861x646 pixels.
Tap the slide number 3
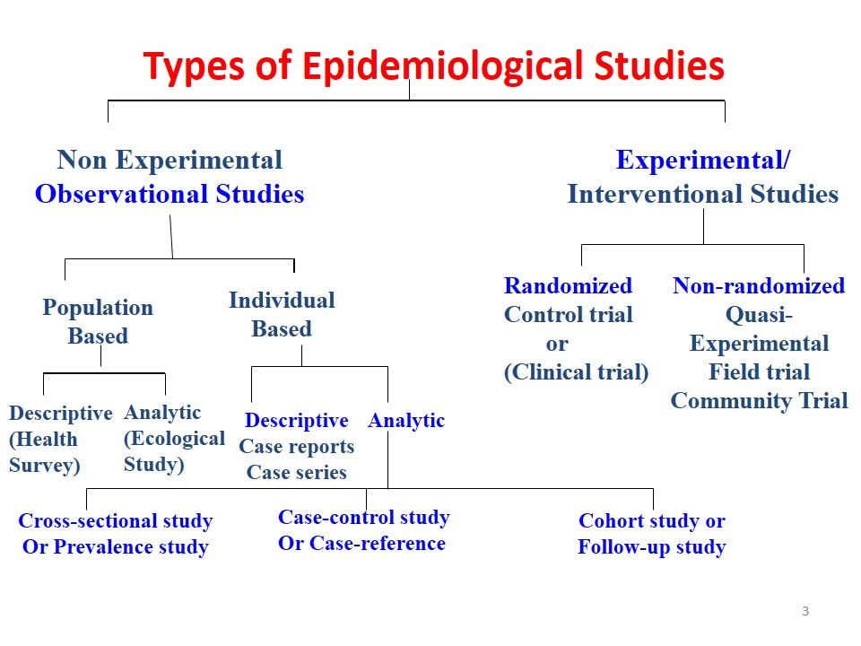click(x=804, y=611)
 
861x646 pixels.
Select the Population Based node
click(x=98, y=321)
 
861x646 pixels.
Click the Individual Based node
click(x=281, y=314)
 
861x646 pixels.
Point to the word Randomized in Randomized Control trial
click(x=568, y=286)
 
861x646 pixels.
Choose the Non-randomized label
click(x=759, y=286)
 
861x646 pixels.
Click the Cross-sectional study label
click(x=116, y=521)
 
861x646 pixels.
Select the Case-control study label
click(x=363, y=517)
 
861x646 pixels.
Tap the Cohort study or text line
click(x=652, y=521)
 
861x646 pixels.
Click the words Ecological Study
click(x=174, y=451)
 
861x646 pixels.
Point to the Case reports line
click(x=296, y=446)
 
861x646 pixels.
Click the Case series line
click(x=296, y=472)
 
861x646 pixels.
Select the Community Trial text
click(x=759, y=400)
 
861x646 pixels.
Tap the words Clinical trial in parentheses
click(x=576, y=372)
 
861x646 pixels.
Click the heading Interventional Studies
click(x=702, y=194)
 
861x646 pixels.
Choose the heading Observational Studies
click(x=170, y=194)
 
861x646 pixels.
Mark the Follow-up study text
click(x=652, y=546)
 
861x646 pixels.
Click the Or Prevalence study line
click(x=116, y=546)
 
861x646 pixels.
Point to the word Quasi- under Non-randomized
click(x=759, y=315)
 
